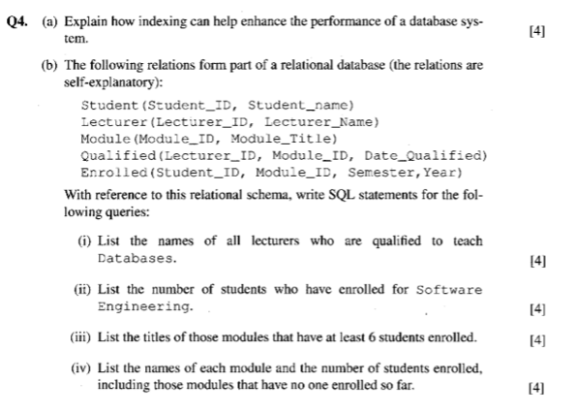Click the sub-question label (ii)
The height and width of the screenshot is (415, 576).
click(x=84, y=289)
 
